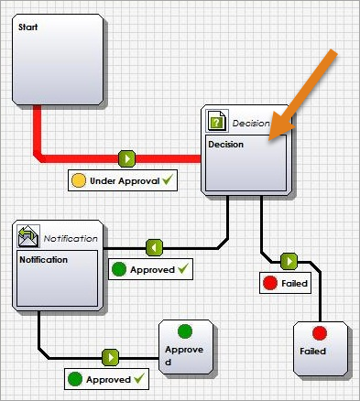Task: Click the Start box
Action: [x=58, y=60]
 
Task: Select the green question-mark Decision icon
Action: [x=216, y=121]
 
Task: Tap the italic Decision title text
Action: [x=251, y=124]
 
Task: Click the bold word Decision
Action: [x=225, y=145]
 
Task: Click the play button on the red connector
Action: [x=126, y=158]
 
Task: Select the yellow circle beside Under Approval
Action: [x=79, y=180]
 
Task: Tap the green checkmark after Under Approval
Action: [x=168, y=179]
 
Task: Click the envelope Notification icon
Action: [x=28, y=236]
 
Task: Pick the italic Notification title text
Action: [x=71, y=238]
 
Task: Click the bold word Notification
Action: [x=43, y=260]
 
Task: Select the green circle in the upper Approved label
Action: [x=119, y=269]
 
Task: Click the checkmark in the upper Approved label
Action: [x=183, y=268]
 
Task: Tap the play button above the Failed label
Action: [x=289, y=262]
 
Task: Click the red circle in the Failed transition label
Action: [x=270, y=283]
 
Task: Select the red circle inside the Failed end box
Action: [x=320, y=333]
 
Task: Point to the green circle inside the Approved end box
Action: [x=185, y=331]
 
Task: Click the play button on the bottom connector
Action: [x=110, y=357]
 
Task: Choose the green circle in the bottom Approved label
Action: [x=75, y=379]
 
